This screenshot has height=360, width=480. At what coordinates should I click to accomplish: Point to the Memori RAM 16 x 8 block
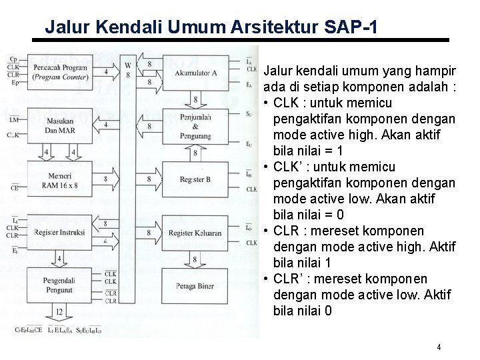click(x=58, y=179)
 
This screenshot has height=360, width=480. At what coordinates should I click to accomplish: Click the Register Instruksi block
click(x=58, y=233)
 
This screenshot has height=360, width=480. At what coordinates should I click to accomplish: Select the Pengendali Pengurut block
click(x=58, y=283)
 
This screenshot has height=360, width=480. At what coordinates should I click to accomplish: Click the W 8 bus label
click(x=127, y=69)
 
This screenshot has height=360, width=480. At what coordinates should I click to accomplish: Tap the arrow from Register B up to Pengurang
click(x=195, y=153)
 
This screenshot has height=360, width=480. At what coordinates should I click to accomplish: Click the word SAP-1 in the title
click(x=352, y=28)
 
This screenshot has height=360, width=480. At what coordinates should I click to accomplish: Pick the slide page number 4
click(x=439, y=347)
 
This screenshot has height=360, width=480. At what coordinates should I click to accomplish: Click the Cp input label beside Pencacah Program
click(x=13, y=59)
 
